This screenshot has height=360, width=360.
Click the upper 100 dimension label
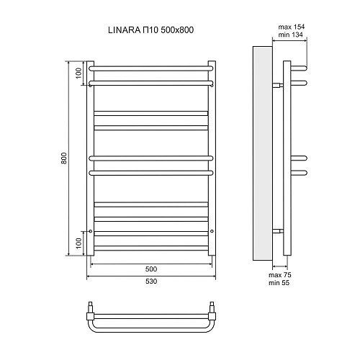[x=78, y=73]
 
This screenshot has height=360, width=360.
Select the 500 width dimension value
[x=150, y=269]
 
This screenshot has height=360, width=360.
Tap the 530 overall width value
[x=150, y=281]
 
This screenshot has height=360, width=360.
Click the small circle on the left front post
[x=91, y=231]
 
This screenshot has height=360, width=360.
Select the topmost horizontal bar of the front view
[x=151, y=68]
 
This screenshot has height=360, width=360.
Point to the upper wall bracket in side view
[x=277, y=84]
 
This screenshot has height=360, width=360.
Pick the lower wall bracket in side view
[x=277, y=231]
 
